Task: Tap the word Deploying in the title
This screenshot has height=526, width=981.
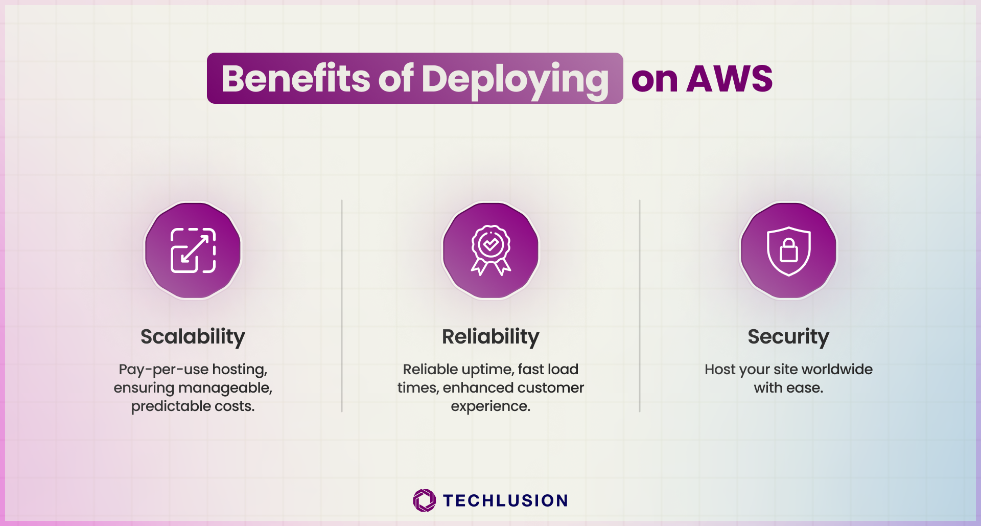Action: pos(516,81)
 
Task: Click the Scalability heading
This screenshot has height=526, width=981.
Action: pos(193,337)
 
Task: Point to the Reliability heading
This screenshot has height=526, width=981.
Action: pos(491,337)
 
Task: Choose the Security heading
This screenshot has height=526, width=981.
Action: pos(788,337)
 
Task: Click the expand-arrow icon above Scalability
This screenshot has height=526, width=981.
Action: pos(193,250)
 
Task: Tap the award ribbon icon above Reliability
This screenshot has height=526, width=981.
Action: pos(491,250)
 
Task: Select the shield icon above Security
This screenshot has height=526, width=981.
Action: pos(789,251)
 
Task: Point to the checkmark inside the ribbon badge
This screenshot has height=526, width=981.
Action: pos(491,244)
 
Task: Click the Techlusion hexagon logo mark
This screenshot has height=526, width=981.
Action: pos(424,500)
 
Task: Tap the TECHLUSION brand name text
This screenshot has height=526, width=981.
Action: pos(505,500)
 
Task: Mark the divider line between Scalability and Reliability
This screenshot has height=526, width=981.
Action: pos(342,306)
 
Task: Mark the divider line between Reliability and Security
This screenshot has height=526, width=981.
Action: pos(640,306)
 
